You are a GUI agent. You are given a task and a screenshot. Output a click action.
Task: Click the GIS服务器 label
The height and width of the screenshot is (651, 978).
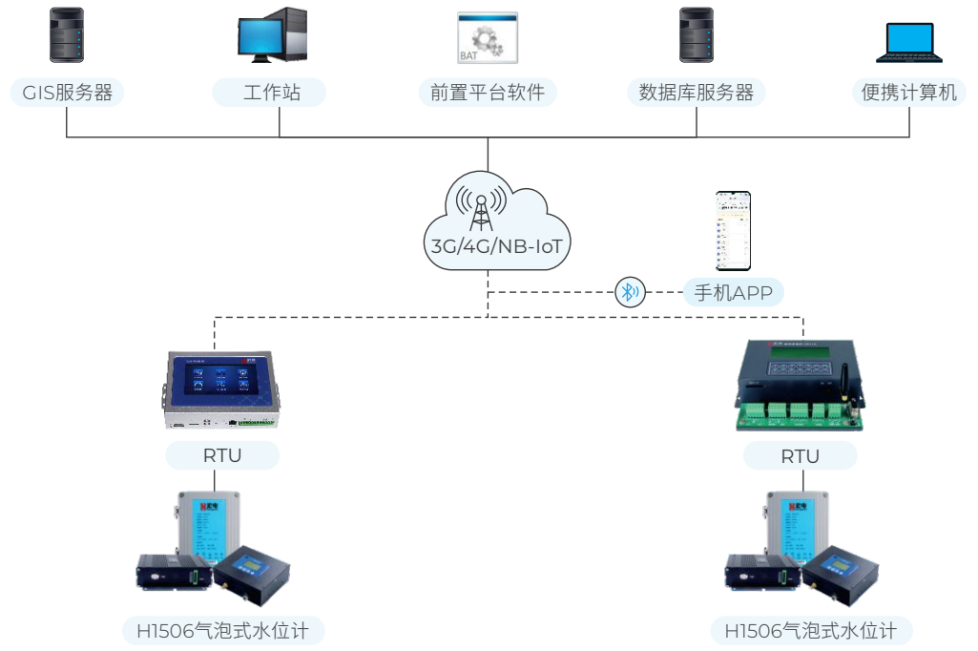pos(67,93)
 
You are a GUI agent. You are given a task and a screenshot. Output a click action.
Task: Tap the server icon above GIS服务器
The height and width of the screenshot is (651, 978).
pos(66,35)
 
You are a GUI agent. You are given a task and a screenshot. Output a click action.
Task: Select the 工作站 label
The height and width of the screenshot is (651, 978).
pos(271,93)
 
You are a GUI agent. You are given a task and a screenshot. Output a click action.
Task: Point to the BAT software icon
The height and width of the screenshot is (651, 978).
pos(487,38)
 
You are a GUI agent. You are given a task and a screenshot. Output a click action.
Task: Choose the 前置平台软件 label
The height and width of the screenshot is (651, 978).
pos(487,93)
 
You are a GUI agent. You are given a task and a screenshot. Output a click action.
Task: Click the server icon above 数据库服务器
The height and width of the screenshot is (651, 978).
pos(697,35)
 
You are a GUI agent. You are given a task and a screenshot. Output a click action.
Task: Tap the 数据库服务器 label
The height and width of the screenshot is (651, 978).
pos(696,93)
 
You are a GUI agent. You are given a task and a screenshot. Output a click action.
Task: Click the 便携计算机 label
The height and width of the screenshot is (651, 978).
pos(908,93)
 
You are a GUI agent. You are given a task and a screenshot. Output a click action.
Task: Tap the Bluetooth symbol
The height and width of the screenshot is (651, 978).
pos(629,292)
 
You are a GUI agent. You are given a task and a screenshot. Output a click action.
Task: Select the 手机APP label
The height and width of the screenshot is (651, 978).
pos(733,292)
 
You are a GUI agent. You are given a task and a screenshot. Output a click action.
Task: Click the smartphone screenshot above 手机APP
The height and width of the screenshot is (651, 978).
pos(734,231)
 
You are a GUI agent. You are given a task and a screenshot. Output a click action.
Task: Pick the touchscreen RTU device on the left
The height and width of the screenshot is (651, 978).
pos(222,388)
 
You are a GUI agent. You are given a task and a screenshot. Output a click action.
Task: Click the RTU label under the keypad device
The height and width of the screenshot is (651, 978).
pos(800,456)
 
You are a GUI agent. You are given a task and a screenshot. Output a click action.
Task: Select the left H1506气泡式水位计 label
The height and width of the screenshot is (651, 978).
pos(223,631)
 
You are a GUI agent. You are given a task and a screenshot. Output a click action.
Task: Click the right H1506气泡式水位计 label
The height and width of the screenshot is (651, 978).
pos(810,631)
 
